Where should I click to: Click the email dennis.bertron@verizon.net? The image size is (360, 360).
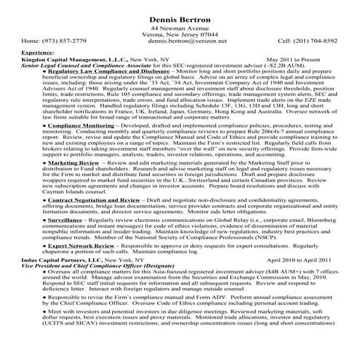[x=180, y=41]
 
